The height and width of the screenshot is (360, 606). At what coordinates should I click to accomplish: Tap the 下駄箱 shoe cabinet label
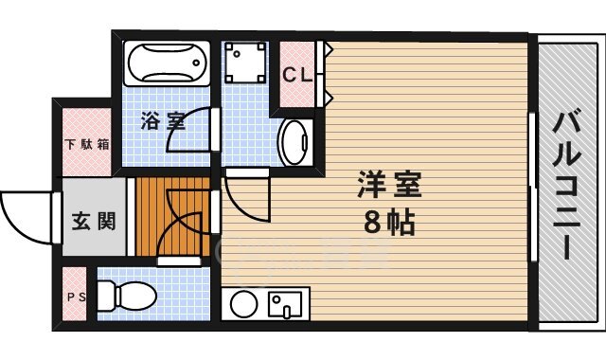(86, 146)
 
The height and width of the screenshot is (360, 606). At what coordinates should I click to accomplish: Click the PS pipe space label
(75, 297)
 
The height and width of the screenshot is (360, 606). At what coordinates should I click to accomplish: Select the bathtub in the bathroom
(167, 64)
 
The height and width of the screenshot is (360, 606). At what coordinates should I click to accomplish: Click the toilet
(129, 297)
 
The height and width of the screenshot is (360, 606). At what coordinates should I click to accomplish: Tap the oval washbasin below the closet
(294, 142)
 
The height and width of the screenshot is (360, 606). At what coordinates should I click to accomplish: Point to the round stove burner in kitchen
(243, 305)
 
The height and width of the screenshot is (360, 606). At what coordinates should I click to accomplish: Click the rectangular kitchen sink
(284, 305)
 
